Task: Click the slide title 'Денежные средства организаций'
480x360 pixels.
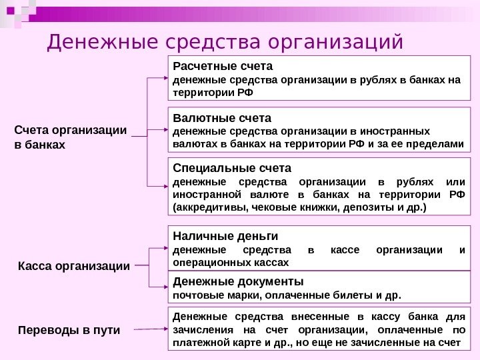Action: pos(225,43)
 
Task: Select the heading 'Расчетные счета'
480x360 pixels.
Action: pos(223,67)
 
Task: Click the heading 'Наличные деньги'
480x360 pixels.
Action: pos(225,236)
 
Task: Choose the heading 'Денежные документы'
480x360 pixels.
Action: pos(237,281)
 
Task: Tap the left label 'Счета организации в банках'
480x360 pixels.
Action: pos(70,137)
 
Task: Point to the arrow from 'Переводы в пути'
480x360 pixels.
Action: pos(149,329)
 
